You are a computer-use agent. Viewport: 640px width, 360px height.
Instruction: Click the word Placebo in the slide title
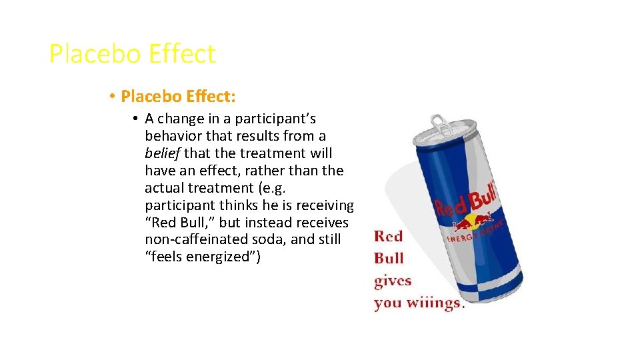(x=97, y=54)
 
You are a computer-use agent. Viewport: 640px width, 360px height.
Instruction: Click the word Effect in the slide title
(x=183, y=54)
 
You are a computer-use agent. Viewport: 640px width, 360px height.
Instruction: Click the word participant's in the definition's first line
(x=272, y=119)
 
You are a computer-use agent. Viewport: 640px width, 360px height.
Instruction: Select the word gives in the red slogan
(x=393, y=281)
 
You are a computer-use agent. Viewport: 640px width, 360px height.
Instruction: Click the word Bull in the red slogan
(x=389, y=259)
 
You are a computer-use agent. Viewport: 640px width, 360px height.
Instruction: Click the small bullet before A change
(x=135, y=119)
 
